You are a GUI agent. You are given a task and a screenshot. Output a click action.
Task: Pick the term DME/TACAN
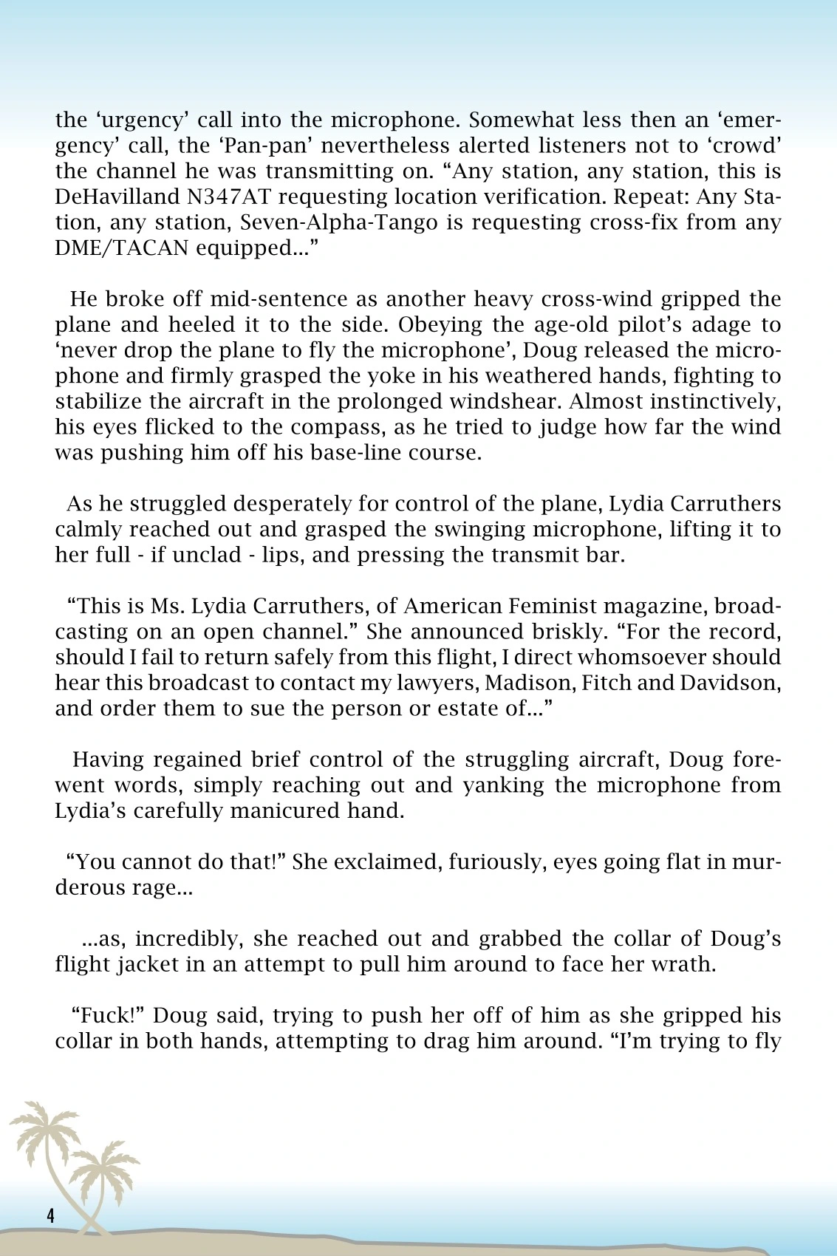pos(122,248)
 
